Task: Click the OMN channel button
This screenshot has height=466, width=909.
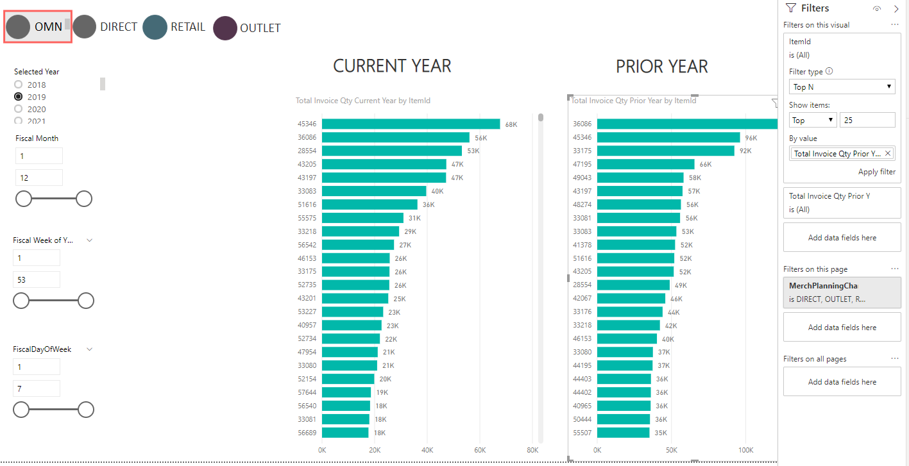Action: point(38,27)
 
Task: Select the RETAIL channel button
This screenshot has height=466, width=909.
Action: point(174,27)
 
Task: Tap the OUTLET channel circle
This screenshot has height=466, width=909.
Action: point(225,28)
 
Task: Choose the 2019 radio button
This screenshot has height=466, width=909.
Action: point(18,97)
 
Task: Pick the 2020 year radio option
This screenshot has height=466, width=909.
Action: point(18,109)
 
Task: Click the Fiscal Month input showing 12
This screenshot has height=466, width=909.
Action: point(39,178)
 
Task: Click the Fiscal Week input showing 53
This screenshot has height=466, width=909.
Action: point(37,279)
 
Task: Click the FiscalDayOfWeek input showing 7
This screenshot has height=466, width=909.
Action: point(37,388)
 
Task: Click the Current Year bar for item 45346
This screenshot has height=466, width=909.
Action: point(411,124)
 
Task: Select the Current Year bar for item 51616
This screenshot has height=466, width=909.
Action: point(370,204)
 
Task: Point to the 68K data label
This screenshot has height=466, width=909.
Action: point(511,124)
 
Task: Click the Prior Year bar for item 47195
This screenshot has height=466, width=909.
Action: point(645,164)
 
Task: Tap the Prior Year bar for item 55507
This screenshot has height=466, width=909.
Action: point(623,432)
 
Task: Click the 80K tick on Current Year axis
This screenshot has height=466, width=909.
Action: point(532,450)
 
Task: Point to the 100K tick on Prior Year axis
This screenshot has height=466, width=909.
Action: point(745,450)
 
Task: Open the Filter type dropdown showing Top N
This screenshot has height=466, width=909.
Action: point(842,87)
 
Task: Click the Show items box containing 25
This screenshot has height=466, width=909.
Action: point(867,120)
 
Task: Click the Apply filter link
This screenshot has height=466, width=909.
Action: point(876,172)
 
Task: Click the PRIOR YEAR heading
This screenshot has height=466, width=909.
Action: point(662,67)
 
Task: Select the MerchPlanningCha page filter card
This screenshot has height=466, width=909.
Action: point(842,292)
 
